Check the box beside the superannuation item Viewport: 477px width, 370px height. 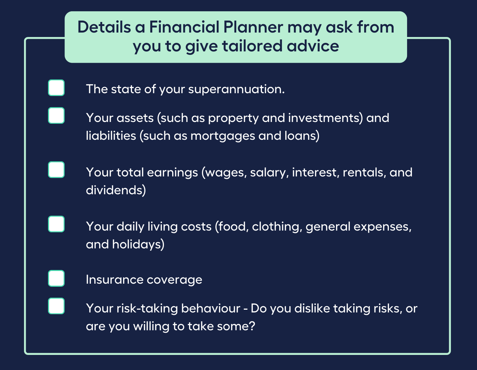click(x=56, y=88)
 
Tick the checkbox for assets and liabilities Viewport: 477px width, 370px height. click(x=56, y=115)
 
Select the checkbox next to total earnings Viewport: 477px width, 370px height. click(x=56, y=170)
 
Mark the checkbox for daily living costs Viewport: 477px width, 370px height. click(x=56, y=224)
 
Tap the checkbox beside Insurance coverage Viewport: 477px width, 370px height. click(x=56, y=278)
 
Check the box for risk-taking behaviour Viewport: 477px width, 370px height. click(x=56, y=306)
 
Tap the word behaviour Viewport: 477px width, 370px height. click(x=211, y=309)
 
